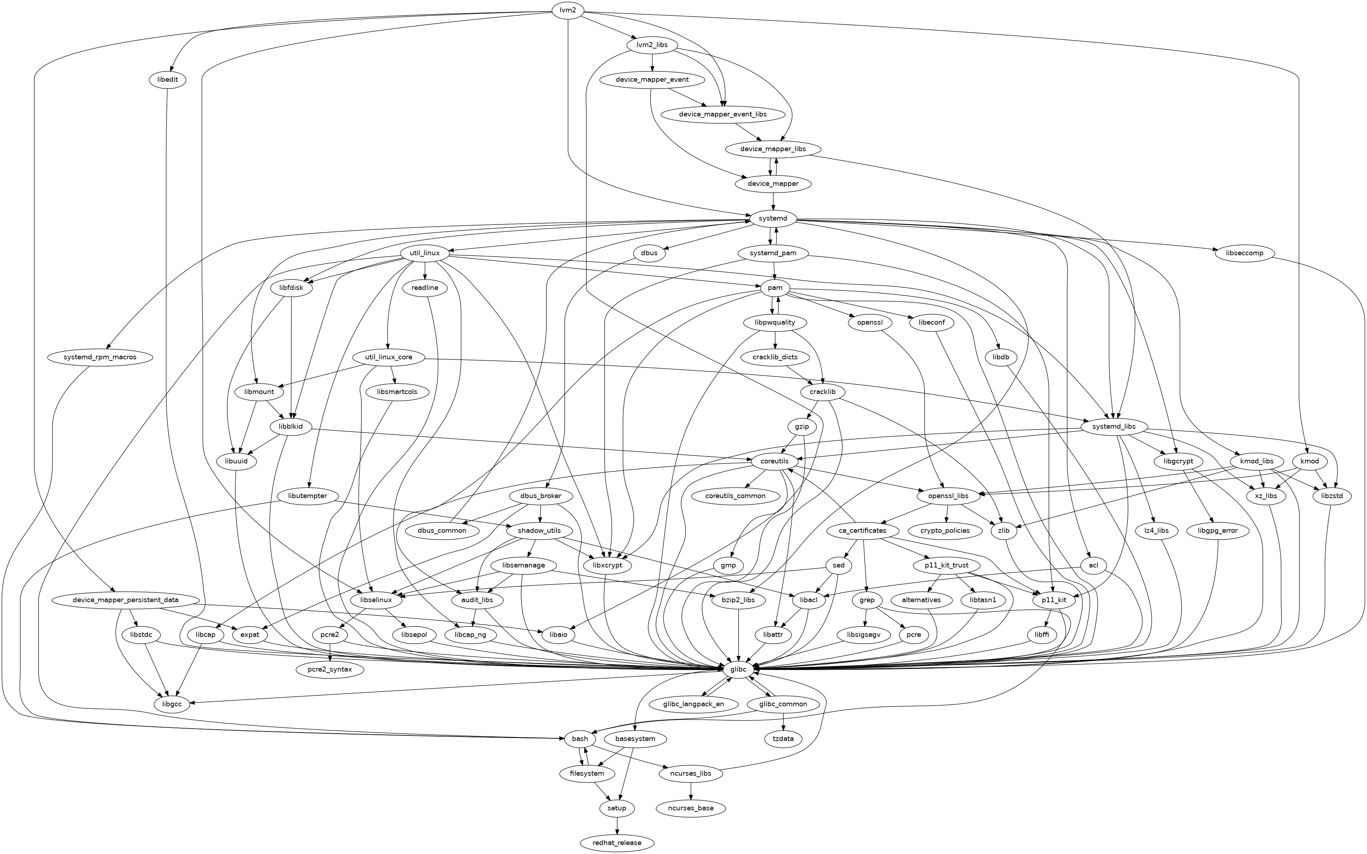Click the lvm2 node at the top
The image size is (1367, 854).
coord(567,10)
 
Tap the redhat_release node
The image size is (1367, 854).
coord(617,843)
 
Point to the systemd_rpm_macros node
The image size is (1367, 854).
coord(100,357)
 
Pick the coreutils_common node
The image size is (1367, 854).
coord(735,496)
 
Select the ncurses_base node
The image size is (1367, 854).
coord(691,808)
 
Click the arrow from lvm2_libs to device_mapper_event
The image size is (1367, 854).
coord(652,62)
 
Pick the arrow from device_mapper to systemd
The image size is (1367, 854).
coord(773,201)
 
